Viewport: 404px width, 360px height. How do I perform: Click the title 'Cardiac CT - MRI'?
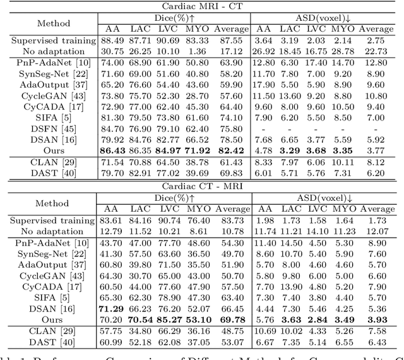click(202, 186)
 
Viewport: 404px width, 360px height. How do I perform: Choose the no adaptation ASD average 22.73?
click(376, 51)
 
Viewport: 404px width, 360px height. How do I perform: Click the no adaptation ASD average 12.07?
click(376, 231)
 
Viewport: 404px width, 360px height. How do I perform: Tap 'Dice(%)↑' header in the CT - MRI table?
click(173, 198)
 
